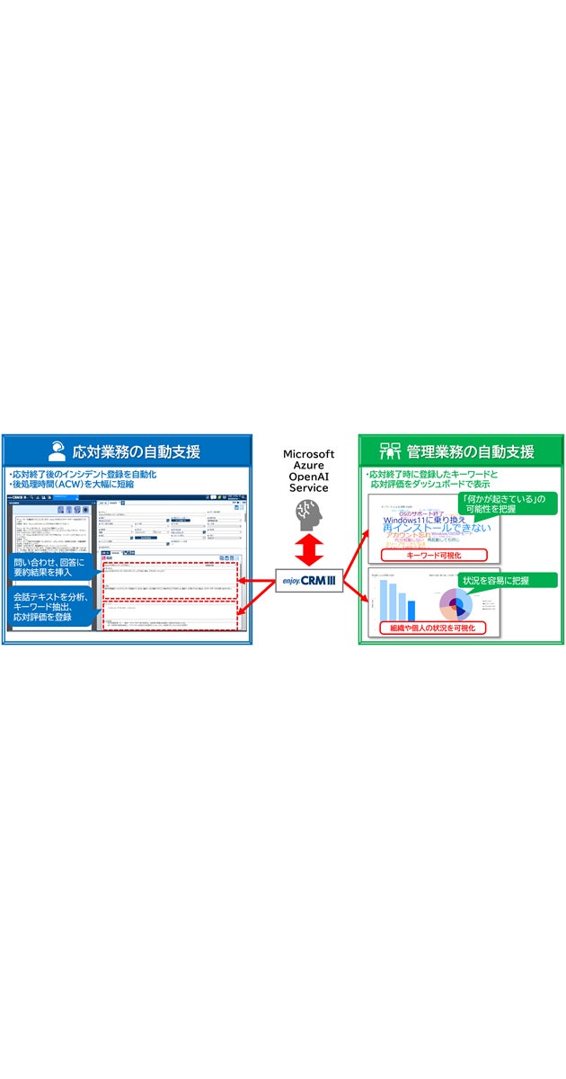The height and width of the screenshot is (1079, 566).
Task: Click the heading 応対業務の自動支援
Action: pos(136,450)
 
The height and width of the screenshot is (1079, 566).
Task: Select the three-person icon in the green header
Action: pos(390,450)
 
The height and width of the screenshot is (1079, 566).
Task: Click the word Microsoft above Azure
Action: pos(308,455)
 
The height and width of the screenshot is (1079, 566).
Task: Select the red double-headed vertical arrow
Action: pos(307,546)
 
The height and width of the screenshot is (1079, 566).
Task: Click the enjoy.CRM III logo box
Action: pos(307,583)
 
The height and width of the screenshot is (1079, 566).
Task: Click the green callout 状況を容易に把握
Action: pos(508,581)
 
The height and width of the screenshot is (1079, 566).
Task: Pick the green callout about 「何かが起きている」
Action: pos(506,504)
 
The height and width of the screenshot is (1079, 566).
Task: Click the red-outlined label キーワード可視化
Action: pos(433,555)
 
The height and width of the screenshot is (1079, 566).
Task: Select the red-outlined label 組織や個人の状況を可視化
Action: pos(433,628)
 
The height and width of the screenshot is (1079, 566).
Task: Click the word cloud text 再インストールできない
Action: pos(437,528)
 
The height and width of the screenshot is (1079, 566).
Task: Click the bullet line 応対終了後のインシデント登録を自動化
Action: pos(83,473)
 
